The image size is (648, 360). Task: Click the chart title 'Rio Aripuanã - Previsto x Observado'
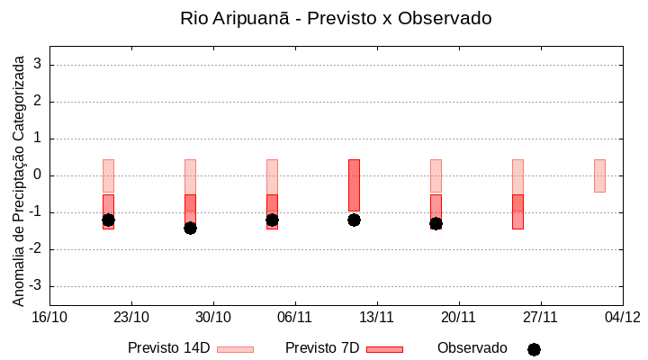[x=336, y=18]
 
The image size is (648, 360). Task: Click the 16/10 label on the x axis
[x=49, y=317]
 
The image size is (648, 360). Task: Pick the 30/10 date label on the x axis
[x=213, y=317]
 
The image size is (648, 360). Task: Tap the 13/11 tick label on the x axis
[x=377, y=317]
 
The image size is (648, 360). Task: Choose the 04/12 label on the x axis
[x=622, y=317]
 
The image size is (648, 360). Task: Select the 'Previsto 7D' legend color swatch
[x=384, y=349]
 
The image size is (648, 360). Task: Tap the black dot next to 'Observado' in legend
[x=534, y=349]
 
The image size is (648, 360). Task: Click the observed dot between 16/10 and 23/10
[x=108, y=220]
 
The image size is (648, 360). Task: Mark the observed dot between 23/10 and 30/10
[x=190, y=228]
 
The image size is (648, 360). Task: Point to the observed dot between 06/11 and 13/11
[x=354, y=220]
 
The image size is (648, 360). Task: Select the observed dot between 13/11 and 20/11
[x=436, y=223]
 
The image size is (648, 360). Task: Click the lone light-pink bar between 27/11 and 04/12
[x=599, y=175]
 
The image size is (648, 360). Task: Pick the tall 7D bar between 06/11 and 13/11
[x=354, y=184]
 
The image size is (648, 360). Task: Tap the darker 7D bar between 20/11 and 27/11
[x=517, y=211]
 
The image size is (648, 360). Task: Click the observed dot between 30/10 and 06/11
[x=272, y=220]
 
